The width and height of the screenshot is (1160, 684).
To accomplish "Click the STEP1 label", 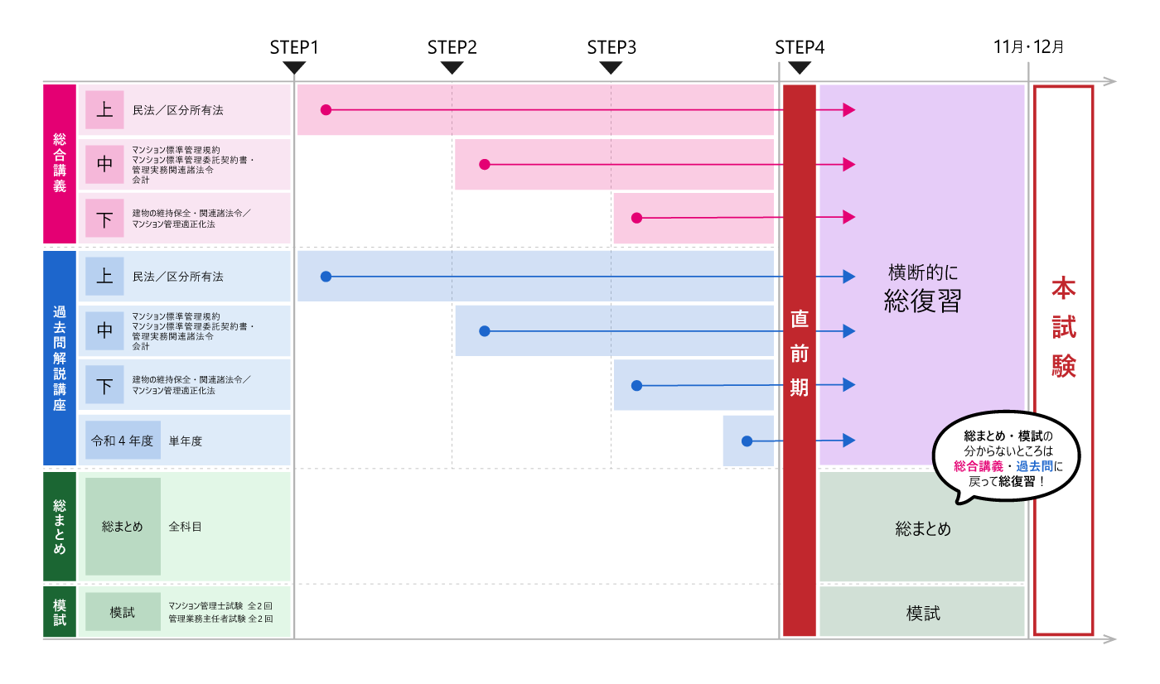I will pyautogui.click(x=294, y=47).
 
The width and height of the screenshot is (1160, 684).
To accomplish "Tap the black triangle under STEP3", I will pyautogui.click(x=611, y=68).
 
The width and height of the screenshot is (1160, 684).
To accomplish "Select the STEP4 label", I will pyautogui.click(x=800, y=47).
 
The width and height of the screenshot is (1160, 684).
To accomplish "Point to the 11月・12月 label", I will pyautogui.click(x=1029, y=47).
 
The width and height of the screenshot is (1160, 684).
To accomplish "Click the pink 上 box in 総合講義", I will pyautogui.click(x=104, y=110).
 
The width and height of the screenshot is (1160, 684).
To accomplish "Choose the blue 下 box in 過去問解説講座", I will pyautogui.click(x=104, y=385).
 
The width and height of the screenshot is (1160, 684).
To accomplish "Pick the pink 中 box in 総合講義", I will pyautogui.click(x=104, y=164).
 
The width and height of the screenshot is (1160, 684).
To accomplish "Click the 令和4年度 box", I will pyautogui.click(x=123, y=441).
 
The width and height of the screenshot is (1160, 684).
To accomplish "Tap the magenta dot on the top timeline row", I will pyautogui.click(x=326, y=109).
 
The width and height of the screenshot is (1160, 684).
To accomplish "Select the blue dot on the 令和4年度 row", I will pyautogui.click(x=747, y=441).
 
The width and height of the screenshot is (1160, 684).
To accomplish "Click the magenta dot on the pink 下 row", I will pyautogui.click(x=636, y=218).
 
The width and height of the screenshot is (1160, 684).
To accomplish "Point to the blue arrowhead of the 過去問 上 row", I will pyautogui.click(x=848, y=277).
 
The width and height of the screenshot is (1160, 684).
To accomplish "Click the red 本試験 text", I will pyautogui.click(x=1064, y=327).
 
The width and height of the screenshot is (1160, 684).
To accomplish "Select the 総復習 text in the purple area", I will pyautogui.click(x=922, y=301).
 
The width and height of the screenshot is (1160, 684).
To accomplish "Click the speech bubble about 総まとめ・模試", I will pyautogui.click(x=1008, y=458).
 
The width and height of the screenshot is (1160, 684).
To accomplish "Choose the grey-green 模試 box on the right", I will pyautogui.click(x=922, y=613).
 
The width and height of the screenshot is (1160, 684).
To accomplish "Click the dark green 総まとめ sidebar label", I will pyautogui.click(x=60, y=526).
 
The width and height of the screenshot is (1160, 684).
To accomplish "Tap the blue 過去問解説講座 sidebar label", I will pyautogui.click(x=60, y=358).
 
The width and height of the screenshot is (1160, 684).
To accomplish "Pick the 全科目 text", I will pyautogui.click(x=185, y=526).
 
